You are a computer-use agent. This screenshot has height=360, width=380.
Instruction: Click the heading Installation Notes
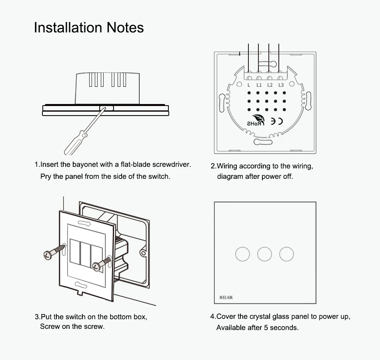coord(88,28)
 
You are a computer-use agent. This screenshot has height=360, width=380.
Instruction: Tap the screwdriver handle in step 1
coord(76,143)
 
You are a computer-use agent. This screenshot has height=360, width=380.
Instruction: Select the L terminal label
coord(248,85)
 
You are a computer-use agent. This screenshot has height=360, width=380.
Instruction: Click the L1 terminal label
coord(259,85)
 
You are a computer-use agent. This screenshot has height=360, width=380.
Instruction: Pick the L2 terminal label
coord(270,85)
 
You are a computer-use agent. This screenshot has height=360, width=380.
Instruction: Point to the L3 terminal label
coord(281,85)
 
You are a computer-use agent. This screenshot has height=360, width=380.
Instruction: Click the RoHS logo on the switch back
coord(256,121)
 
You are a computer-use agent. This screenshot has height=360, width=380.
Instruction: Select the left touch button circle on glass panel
coord(242,254)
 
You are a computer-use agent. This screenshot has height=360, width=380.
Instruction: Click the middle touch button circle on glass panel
coord(264,254)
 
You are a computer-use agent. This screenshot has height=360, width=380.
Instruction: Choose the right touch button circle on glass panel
coord(286,254)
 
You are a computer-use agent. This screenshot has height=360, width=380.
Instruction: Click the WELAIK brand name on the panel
coord(226,298)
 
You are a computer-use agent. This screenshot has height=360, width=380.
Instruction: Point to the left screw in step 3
coord(53,251)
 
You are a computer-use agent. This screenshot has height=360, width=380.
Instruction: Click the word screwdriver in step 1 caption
coord(172,164)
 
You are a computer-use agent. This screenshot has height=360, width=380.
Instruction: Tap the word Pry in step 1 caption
coord(46,176)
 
